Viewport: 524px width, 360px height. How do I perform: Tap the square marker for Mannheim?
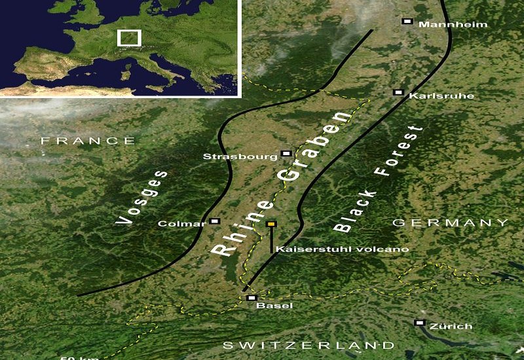[x=407, y=22]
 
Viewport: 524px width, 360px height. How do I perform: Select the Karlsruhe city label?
[x=432, y=96]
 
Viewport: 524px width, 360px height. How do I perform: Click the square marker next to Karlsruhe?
[x=397, y=93]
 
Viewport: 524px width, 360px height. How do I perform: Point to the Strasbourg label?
[x=240, y=156]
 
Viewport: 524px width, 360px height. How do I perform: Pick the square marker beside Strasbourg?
[x=286, y=154]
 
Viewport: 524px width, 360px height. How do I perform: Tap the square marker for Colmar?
[x=215, y=221]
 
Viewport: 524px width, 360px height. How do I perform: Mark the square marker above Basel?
[x=251, y=298]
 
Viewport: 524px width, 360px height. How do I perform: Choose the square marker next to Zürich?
[x=419, y=323]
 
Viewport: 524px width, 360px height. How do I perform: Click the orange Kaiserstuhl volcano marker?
[x=271, y=225]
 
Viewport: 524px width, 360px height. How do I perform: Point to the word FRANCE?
[x=88, y=141]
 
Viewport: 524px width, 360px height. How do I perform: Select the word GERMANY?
[x=450, y=223]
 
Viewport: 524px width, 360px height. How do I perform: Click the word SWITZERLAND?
[x=309, y=345]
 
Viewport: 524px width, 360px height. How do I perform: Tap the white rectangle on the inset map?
[x=129, y=37]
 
